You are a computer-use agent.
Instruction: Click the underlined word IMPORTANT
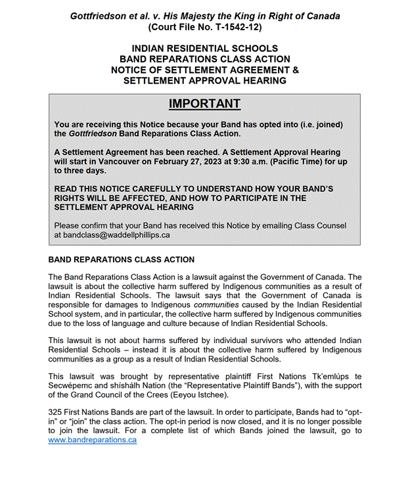[204, 104]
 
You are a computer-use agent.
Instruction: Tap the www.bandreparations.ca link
[92, 440]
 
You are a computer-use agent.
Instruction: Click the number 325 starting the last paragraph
[56, 411]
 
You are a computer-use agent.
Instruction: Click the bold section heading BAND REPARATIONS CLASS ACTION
[122, 260]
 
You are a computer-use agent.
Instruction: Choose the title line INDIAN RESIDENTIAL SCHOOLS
[204, 49]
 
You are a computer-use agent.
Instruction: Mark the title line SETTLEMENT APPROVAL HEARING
[204, 81]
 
